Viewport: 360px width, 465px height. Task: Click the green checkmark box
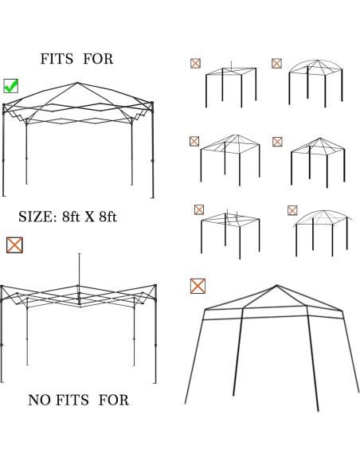pos(11,85)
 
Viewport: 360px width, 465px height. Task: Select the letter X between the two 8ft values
pos(90,217)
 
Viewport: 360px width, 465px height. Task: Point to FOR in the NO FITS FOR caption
pos(113,400)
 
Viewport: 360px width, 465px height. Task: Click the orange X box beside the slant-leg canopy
pos(198,285)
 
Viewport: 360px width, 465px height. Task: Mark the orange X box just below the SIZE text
pos(14,245)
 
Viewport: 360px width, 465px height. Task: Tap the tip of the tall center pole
pos(79,254)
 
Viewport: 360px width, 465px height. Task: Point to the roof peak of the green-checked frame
pos(77,83)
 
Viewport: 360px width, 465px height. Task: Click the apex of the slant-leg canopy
pos(276,285)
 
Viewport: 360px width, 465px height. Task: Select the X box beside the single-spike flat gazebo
pos(195,63)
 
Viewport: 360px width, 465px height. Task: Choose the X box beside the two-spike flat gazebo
pos(199,209)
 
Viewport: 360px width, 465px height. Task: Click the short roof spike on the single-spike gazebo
pos(231,64)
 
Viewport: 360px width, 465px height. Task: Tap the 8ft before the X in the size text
pos(72,217)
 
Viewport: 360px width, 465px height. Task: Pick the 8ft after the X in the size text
pos(107,217)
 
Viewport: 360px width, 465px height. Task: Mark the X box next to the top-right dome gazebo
pos(276,63)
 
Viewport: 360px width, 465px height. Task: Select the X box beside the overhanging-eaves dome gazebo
pos(292,210)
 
